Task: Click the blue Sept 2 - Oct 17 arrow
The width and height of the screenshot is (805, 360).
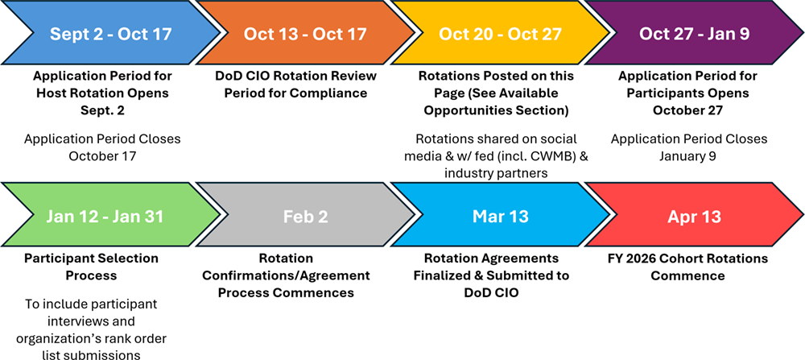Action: coord(110,34)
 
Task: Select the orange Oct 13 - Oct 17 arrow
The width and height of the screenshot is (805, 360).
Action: coord(305,34)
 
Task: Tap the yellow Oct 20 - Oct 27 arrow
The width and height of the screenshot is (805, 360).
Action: coord(500,34)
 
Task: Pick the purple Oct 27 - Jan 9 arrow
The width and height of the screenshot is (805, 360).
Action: coord(694,34)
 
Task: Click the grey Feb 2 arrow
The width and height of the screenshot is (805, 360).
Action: coord(305,216)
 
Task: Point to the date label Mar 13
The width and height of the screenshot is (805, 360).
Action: coord(500,216)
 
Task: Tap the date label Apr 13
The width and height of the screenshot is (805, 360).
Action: coord(694,216)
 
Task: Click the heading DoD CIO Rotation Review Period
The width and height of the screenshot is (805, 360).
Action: coord(296,85)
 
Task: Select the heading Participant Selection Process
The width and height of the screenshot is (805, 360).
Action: coord(92,267)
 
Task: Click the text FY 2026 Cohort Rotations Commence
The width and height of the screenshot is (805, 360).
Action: coord(687,267)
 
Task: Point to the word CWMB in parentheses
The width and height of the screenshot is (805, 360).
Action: coord(548,156)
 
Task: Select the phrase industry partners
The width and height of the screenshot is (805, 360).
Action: coord(495,174)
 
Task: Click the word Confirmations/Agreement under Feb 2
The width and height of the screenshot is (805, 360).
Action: coord(286,275)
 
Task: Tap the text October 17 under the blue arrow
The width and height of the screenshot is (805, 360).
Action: coord(102,156)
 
